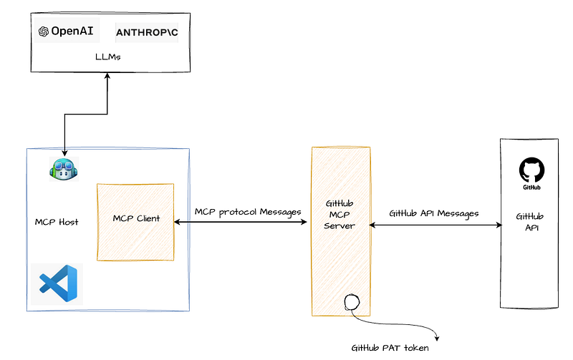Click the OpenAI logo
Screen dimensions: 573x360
tap(66, 31)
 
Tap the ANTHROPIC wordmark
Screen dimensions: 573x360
tap(147, 32)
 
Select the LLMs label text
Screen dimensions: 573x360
tap(108, 57)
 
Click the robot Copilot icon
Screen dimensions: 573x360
tap(64, 169)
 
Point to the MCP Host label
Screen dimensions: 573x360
tap(57, 222)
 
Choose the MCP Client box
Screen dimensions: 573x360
tap(135, 222)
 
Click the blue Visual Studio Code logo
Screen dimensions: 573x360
tap(59, 283)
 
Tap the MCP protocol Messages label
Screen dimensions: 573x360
tap(248, 212)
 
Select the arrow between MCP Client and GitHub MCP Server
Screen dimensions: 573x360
tap(241, 222)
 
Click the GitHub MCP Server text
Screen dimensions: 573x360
tap(340, 215)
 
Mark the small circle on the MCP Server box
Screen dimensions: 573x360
tap(352, 302)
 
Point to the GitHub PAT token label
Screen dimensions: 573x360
tap(390, 348)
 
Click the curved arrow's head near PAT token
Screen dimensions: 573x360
tap(436, 338)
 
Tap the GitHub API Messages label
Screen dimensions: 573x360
tap(434, 213)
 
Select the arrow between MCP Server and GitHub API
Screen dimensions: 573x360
tap(435, 225)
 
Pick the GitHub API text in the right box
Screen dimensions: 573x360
tap(530, 222)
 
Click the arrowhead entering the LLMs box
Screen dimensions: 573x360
tap(107, 75)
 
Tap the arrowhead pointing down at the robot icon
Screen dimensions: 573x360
tap(64, 153)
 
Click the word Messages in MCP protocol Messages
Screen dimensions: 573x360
tap(280, 212)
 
